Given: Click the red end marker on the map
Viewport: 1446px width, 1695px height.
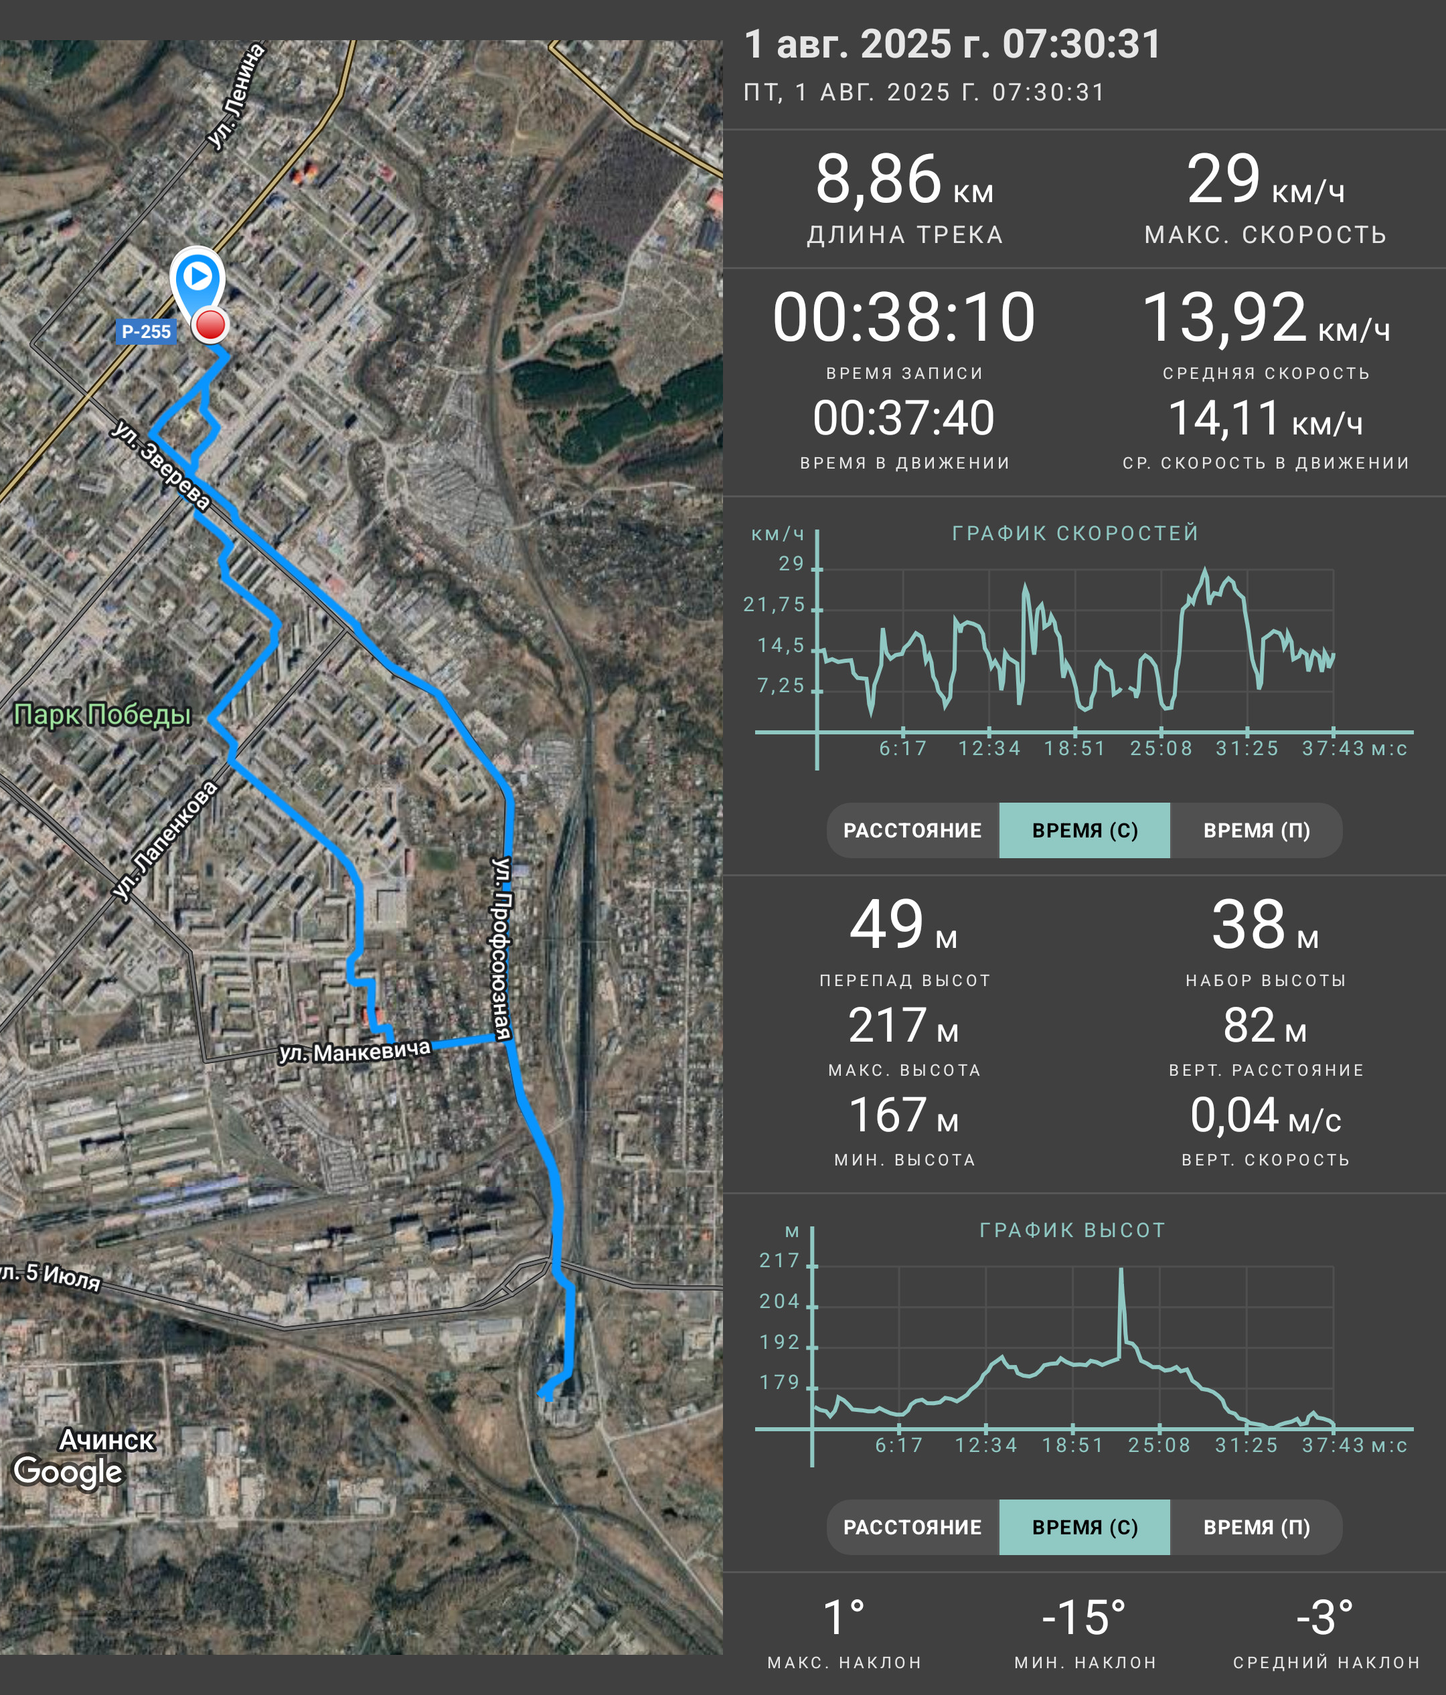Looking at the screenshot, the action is tap(210, 325).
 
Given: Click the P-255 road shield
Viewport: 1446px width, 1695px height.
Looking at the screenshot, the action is tap(145, 331).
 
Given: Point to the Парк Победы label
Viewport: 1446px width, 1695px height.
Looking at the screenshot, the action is tap(102, 714).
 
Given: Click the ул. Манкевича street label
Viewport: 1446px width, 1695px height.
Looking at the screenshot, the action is tap(355, 1050).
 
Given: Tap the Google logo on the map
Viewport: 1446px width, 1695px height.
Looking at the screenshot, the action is tap(68, 1471).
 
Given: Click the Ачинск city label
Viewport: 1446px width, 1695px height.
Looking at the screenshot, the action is tap(107, 1440).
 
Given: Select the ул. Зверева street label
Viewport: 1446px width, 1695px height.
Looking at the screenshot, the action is tap(161, 465).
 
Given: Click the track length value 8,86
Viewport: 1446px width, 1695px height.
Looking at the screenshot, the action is tap(878, 179).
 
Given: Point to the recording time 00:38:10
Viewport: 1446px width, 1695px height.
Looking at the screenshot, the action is tap(904, 317).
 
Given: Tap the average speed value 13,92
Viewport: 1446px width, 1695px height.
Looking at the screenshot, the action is tap(1224, 317).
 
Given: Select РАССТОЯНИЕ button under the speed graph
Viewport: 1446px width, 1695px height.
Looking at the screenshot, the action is tap(912, 830).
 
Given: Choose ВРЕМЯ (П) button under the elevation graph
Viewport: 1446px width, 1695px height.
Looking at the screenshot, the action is tap(1257, 1527).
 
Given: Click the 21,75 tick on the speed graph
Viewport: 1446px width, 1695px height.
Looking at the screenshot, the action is tap(774, 604).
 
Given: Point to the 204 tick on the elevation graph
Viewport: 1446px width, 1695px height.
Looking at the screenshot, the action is tap(779, 1301).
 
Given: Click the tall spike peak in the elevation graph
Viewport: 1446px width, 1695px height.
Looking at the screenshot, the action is tap(1121, 1270).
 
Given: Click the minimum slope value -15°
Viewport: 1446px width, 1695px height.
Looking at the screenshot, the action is tap(1084, 1617).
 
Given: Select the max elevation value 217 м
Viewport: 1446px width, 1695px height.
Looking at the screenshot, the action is tap(904, 1025).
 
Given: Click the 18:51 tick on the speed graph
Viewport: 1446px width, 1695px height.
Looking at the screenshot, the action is tap(1074, 748).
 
